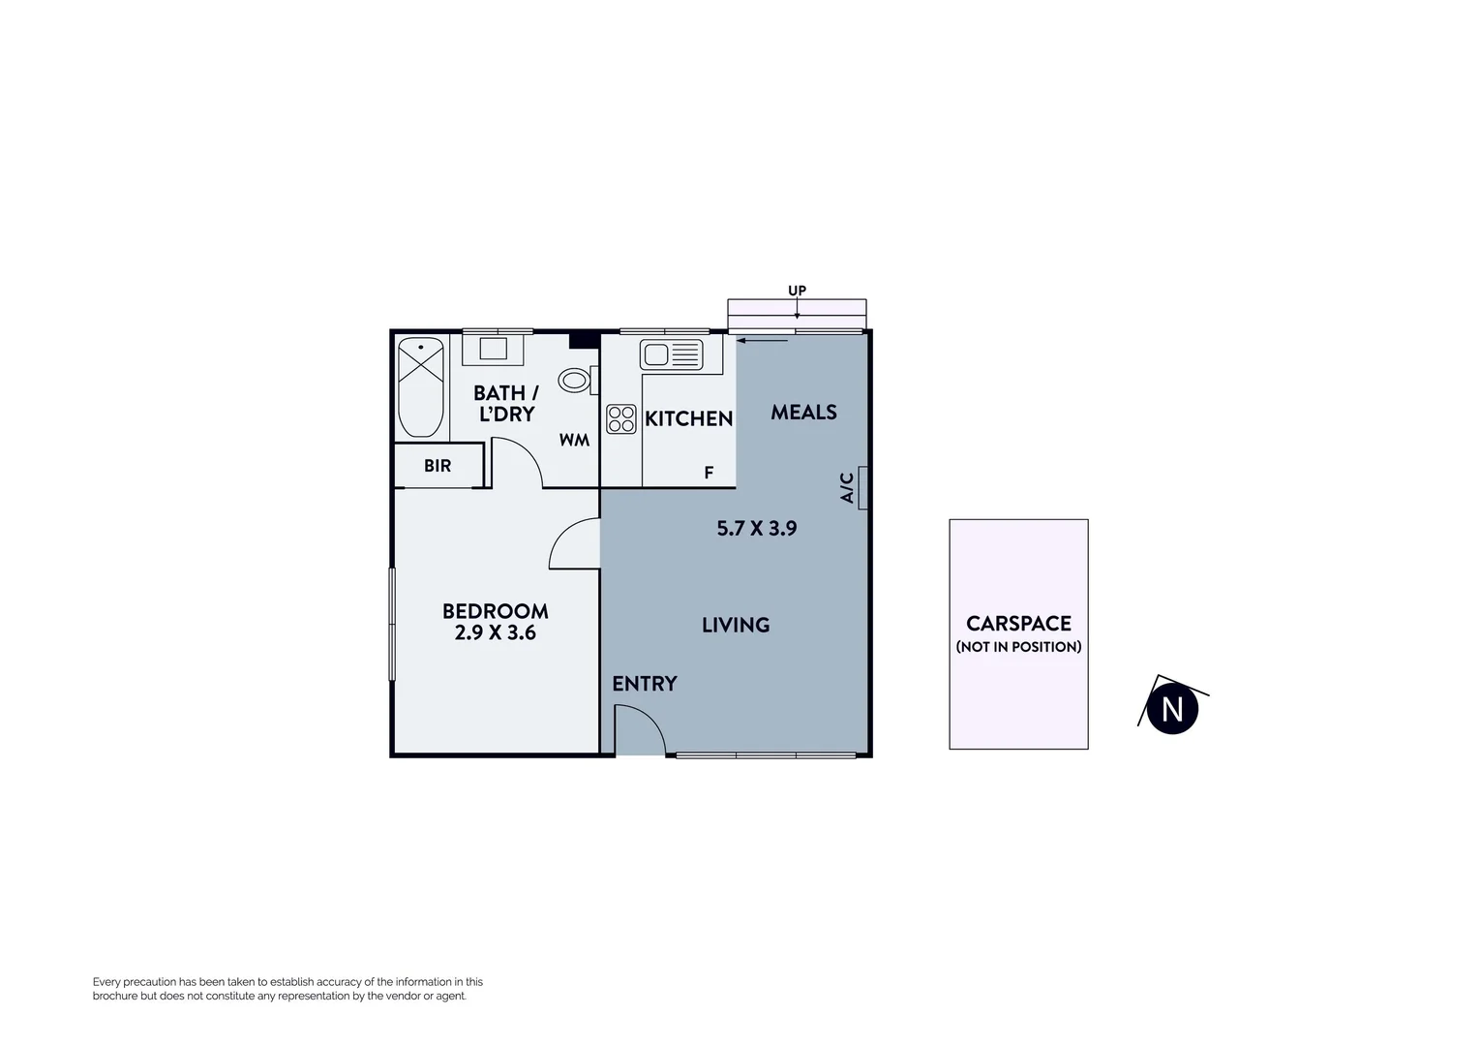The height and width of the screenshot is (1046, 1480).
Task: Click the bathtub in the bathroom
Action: click(421, 387)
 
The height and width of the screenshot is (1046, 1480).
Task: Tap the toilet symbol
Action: click(574, 381)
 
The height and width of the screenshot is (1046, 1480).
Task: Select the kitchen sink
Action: click(671, 355)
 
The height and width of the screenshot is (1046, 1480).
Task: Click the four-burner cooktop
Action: click(621, 419)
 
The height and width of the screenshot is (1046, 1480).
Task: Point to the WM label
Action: click(574, 441)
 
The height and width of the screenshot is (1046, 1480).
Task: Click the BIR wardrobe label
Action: click(438, 466)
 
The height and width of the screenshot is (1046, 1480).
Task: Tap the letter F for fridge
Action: click(709, 474)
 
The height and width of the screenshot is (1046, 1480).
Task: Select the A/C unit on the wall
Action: click(861, 487)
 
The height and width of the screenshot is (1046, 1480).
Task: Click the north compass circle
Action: click(1172, 709)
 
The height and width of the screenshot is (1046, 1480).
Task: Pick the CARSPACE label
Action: click(1018, 624)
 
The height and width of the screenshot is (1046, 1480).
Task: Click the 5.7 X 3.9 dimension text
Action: click(756, 529)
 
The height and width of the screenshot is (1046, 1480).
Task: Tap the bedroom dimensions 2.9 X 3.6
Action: click(496, 633)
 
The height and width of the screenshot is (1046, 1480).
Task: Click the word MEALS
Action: click(803, 413)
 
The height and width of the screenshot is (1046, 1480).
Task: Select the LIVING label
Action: click(736, 626)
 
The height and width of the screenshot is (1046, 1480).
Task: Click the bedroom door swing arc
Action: click(574, 544)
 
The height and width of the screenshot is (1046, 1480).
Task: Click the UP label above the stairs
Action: click(797, 291)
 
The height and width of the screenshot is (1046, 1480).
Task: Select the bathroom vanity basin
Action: click(494, 349)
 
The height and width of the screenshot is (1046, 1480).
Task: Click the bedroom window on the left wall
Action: click(392, 624)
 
